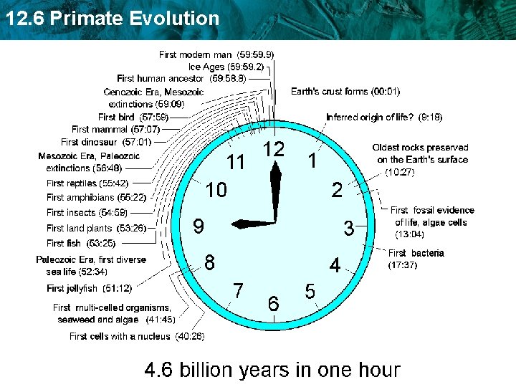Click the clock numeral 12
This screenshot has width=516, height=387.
click(x=273, y=150)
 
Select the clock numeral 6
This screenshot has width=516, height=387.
click(x=273, y=303)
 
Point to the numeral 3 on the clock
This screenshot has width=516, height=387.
click(x=348, y=229)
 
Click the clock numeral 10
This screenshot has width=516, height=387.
click(x=216, y=190)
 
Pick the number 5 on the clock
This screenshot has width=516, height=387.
click(x=310, y=292)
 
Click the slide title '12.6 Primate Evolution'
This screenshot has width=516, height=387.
click(x=112, y=18)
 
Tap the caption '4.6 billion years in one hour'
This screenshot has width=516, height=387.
click(x=272, y=370)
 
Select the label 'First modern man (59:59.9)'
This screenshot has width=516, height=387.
click(x=216, y=54)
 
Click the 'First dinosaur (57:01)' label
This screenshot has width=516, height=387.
click(x=106, y=142)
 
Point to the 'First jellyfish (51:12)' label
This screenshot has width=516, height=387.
click(x=89, y=288)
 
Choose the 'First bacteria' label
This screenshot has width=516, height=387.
click(x=416, y=253)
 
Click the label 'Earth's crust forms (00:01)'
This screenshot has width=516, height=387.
click(x=345, y=91)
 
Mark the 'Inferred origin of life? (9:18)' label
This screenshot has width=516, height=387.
click(x=383, y=117)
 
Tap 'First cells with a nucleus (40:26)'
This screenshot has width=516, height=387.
click(x=137, y=335)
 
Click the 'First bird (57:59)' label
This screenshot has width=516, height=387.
click(x=133, y=117)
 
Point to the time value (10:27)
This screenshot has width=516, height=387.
click(x=400, y=172)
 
